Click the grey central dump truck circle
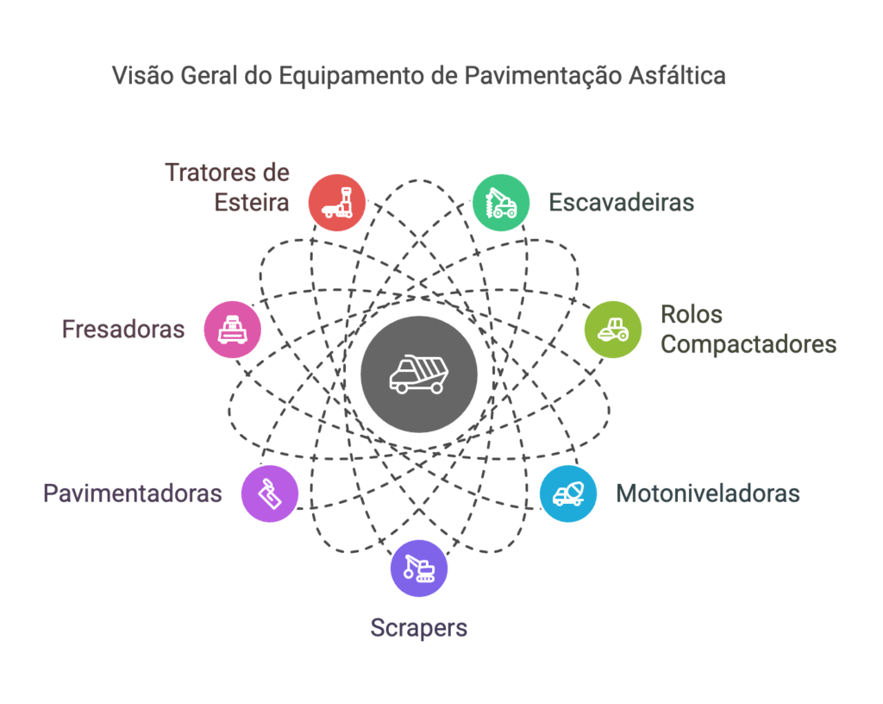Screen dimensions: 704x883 (x=418, y=374)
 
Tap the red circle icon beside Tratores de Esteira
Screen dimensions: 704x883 (x=337, y=203)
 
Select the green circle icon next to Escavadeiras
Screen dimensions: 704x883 (x=500, y=203)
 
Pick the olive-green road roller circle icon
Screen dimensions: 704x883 (x=613, y=329)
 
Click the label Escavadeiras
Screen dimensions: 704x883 (x=621, y=203)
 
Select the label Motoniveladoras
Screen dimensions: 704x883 (x=708, y=494)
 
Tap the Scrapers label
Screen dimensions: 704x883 (x=419, y=627)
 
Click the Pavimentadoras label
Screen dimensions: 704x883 (x=133, y=494)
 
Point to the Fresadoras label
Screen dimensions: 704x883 (x=123, y=329)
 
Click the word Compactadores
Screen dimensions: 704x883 (x=748, y=344)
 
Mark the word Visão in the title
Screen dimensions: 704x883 (x=142, y=76)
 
